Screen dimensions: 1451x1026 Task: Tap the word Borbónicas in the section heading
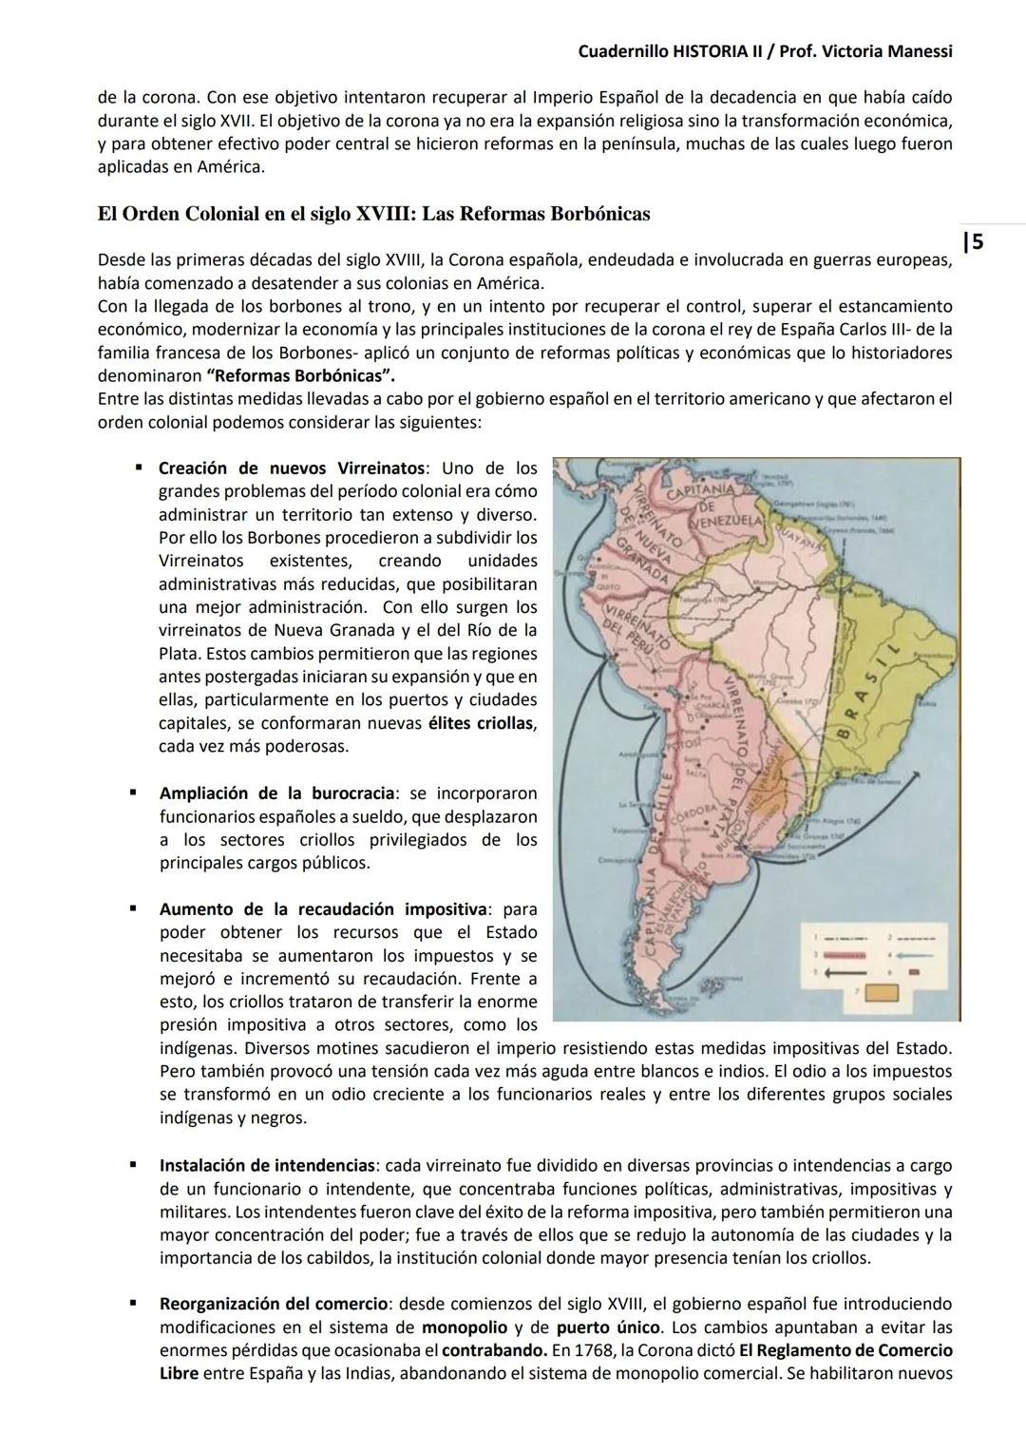[592, 214]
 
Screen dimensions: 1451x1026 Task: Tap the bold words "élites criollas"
[482, 723]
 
